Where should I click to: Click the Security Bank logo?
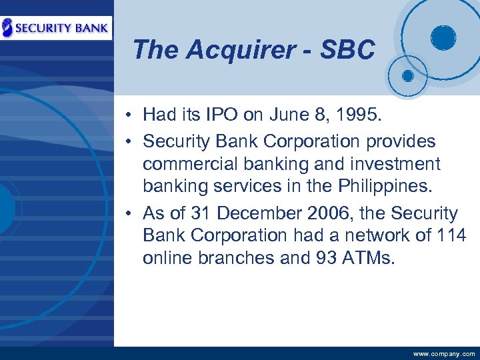(x=56, y=28)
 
